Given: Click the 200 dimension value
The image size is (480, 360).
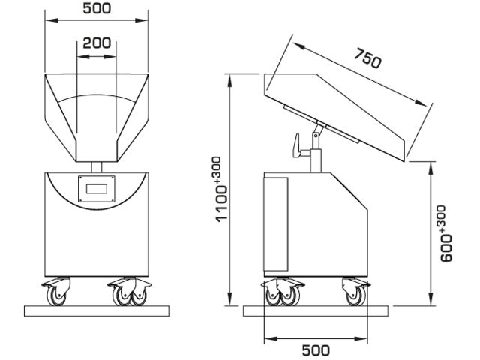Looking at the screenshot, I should coord(97,43).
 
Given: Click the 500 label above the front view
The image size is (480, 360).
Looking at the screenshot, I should coord(97,9).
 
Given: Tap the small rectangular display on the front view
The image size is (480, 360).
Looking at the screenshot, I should coord(97,188).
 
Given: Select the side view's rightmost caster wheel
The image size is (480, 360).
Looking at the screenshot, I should coord(352,293).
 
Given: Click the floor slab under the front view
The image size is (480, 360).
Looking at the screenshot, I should coord(97,309).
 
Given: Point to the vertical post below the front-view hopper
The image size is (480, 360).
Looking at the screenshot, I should coord(97,166).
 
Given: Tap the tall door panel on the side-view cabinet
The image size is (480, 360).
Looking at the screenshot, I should coord(275,223).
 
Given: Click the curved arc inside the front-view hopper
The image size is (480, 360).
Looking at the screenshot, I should coord(97,96).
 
